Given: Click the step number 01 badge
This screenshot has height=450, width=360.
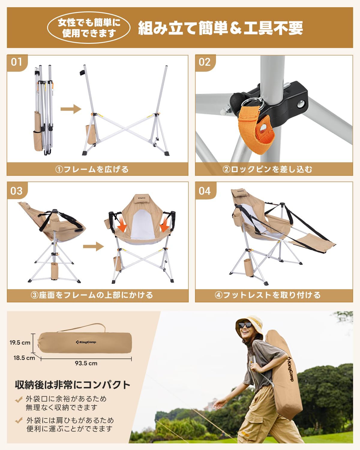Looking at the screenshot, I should pyautogui.click(x=17, y=62).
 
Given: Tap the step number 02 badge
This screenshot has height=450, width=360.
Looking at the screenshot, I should pyautogui.click(x=205, y=62).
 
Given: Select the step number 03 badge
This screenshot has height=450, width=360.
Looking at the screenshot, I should pyautogui.click(x=17, y=191).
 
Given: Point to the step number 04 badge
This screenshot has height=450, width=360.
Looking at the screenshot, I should pyautogui.click(x=205, y=191).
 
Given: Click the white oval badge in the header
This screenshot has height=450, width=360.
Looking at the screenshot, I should pyautogui.click(x=89, y=28).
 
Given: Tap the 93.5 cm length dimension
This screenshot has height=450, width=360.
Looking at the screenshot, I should pyautogui.click(x=86, y=363).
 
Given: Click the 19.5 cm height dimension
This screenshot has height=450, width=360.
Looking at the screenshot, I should pyautogui.click(x=20, y=343).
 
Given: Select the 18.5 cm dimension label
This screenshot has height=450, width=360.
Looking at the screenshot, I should pyautogui.click(x=24, y=358).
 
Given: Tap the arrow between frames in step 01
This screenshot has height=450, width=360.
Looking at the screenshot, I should pyautogui.click(x=71, y=109).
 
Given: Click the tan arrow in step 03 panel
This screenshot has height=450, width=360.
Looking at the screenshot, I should pyautogui.click(x=93, y=247).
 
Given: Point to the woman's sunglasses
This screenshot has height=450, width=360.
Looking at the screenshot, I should pyautogui.click(x=245, y=325).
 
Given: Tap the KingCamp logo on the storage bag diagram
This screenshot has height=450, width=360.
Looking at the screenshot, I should pyautogui.click(x=86, y=342).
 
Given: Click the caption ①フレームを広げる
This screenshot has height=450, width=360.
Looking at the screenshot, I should pyautogui.click(x=92, y=169).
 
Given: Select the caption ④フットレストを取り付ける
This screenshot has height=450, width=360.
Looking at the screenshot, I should pyautogui.click(x=268, y=295).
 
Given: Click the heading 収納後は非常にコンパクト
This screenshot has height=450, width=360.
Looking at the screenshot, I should pyautogui.click(x=73, y=385).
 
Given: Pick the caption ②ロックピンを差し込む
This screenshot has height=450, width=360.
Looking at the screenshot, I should pyautogui.click(x=267, y=169).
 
